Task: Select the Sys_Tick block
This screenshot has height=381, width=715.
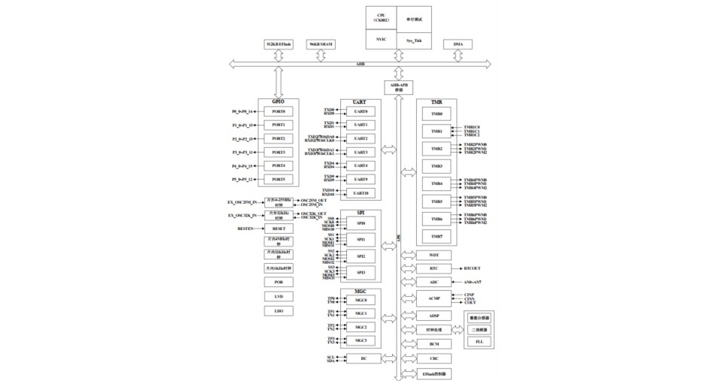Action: click(x=414, y=39)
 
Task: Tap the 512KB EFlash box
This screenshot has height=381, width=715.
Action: click(x=278, y=45)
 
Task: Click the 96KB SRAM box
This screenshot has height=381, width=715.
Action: click(x=321, y=45)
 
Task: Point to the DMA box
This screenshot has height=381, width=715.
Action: click(x=458, y=45)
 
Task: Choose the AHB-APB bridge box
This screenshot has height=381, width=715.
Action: click(x=398, y=87)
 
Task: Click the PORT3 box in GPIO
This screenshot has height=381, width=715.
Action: click(x=278, y=153)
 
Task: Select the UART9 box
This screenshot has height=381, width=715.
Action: click(x=361, y=180)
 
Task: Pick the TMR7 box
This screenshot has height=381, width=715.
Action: click(x=437, y=236)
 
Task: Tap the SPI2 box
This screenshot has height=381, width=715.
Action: click(x=361, y=256)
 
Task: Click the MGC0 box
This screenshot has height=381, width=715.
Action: click(x=361, y=300)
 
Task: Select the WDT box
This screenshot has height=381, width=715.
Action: click(x=434, y=255)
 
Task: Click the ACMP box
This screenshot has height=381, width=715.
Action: click(x=434, y=299)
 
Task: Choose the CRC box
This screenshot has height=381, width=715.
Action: click(x=434, y=358)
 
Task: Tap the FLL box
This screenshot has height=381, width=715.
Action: click(x=479, y=342)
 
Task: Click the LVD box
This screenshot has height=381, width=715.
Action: click(x=278, y=297)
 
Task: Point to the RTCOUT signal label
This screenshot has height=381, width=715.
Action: click(x=473, y=268)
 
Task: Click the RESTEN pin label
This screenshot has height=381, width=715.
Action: click(x=245, y=228)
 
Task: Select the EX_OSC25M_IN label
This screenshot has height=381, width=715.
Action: click(x=243, y=202)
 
